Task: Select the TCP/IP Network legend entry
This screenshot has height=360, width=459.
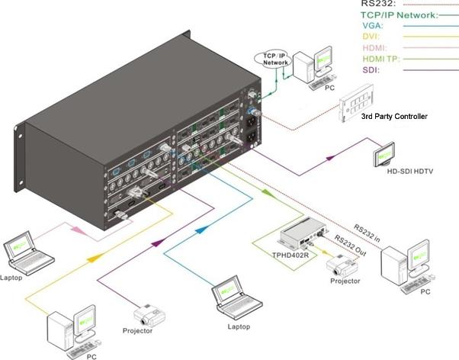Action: click(x=393, y=14)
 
